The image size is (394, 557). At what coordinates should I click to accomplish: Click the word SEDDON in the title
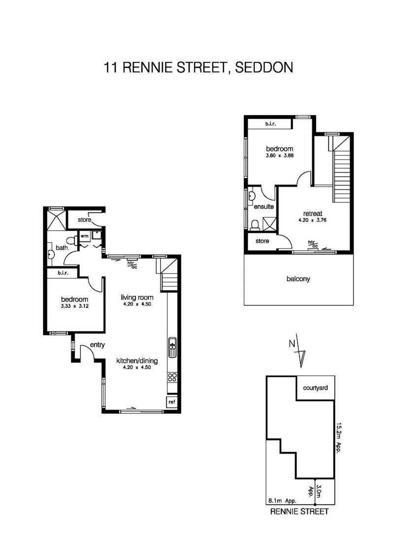(264, 67)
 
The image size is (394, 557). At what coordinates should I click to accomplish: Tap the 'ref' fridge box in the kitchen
(172, 402)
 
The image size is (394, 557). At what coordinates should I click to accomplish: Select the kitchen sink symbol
(172, 347)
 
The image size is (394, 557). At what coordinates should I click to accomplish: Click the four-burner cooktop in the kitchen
(172, 377)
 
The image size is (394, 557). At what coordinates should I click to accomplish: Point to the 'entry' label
(97, 345)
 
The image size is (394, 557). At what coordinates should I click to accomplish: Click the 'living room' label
(137, 297)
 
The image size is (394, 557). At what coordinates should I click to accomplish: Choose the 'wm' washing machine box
(84, 236)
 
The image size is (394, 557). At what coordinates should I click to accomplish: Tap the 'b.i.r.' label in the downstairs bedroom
(63, 273)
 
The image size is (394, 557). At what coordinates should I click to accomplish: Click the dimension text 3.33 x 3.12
(74, 307)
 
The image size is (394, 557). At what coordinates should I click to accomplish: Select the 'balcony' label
(298, 278)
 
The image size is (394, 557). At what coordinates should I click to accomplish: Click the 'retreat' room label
(313, 214)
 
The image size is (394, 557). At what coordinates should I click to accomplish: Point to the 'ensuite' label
(263, 207)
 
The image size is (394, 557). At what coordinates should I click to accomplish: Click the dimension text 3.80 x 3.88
(280, 156)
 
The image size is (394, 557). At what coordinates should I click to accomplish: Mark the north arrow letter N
(292, 343)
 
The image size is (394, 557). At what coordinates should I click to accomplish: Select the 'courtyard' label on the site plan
(316, 388)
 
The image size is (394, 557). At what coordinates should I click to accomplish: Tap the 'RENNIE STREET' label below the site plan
(299, 511)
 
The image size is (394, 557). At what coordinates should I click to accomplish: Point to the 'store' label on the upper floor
(262, 241)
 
